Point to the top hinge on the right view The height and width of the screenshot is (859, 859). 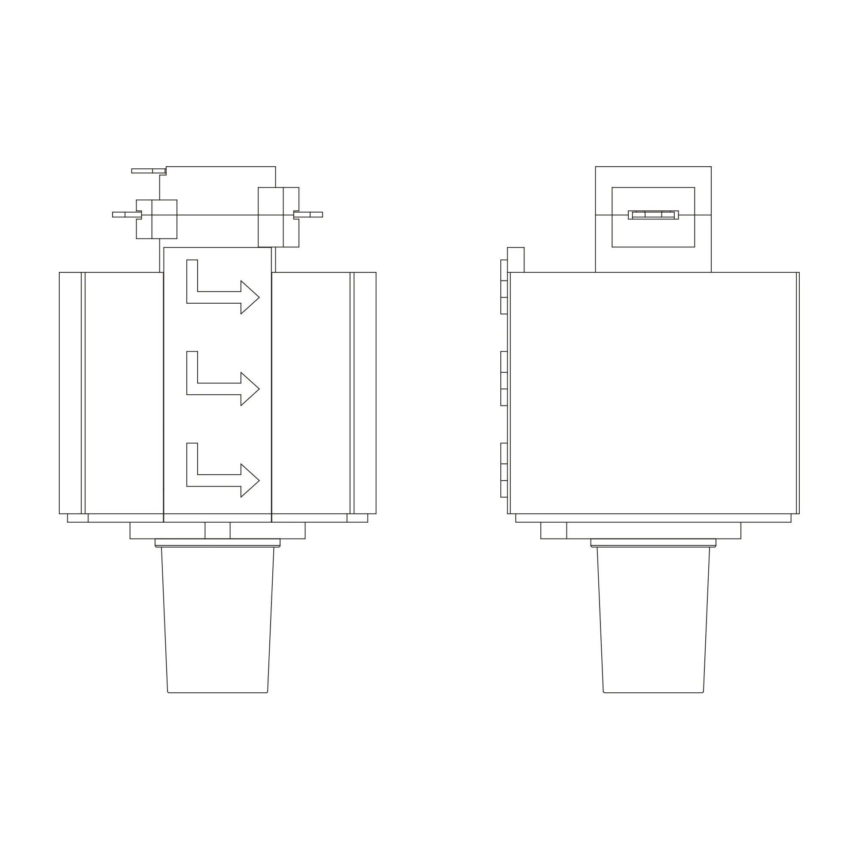point(504,287)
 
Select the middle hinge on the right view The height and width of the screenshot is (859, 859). point(504,378)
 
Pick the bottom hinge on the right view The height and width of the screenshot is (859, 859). point(504,470)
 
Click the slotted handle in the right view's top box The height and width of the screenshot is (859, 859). point(653,215)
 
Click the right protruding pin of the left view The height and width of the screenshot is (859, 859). point(308,215)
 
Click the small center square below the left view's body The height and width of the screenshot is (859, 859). point(217,530)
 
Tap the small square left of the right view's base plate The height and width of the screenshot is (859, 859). point(554,530)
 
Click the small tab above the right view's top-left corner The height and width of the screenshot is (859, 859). point(516,260)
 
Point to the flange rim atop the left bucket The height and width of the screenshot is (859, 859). point(217,543)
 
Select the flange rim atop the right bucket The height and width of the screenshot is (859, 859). point(653,543)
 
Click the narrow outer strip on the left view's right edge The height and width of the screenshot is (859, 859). point(365,393)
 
